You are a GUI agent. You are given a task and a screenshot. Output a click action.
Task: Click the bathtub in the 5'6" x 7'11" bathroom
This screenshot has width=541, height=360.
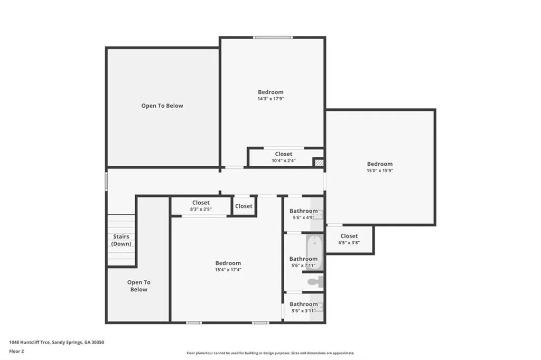[x=314, y=252]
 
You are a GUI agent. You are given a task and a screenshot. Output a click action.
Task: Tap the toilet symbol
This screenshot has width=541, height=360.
[x=316, y=281]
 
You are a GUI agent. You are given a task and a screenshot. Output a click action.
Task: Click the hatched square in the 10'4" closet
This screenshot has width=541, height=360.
[x=319, y=162]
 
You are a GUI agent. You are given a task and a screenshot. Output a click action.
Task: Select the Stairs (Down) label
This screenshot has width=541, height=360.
[x=121, y=240]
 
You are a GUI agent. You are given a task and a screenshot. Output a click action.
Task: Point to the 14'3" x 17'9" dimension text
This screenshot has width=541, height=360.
[x=271, y=99]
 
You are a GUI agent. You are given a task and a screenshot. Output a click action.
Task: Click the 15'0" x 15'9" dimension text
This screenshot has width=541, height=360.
[x=380, y=170]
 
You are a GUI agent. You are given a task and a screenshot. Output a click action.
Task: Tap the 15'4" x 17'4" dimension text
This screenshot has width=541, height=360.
[x=228, y=270]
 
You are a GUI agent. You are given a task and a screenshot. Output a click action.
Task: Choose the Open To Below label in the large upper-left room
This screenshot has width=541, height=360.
[x=162, y=106]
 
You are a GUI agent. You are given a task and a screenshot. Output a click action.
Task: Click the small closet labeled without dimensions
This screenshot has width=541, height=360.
[x=244, y=206]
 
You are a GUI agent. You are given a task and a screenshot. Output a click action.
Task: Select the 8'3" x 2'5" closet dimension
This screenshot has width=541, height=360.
[x=201, y=209]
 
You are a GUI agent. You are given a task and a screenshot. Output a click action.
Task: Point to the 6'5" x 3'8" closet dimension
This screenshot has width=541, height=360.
[x=349, y=242]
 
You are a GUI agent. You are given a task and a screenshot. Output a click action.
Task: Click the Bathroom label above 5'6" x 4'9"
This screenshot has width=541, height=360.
[x=304, y=211]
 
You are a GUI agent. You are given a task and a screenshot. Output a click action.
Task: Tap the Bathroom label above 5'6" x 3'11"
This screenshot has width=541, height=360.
[x=304, y=304]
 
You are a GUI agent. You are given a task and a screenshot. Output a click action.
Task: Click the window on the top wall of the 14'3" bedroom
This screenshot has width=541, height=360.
[x=273, y=37]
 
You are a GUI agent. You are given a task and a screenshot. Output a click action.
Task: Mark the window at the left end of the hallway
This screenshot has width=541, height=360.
[x=106, y=182]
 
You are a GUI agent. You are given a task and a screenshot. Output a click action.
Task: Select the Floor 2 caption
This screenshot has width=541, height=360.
[x=16, y=352]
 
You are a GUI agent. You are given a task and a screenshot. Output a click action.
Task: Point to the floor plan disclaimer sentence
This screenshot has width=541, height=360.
[x=270, y=353]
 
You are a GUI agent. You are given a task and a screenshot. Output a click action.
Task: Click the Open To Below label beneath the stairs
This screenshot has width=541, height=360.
[x=139, y=286]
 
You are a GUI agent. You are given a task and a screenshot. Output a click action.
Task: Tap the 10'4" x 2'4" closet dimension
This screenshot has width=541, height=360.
[x=284, y=160]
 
